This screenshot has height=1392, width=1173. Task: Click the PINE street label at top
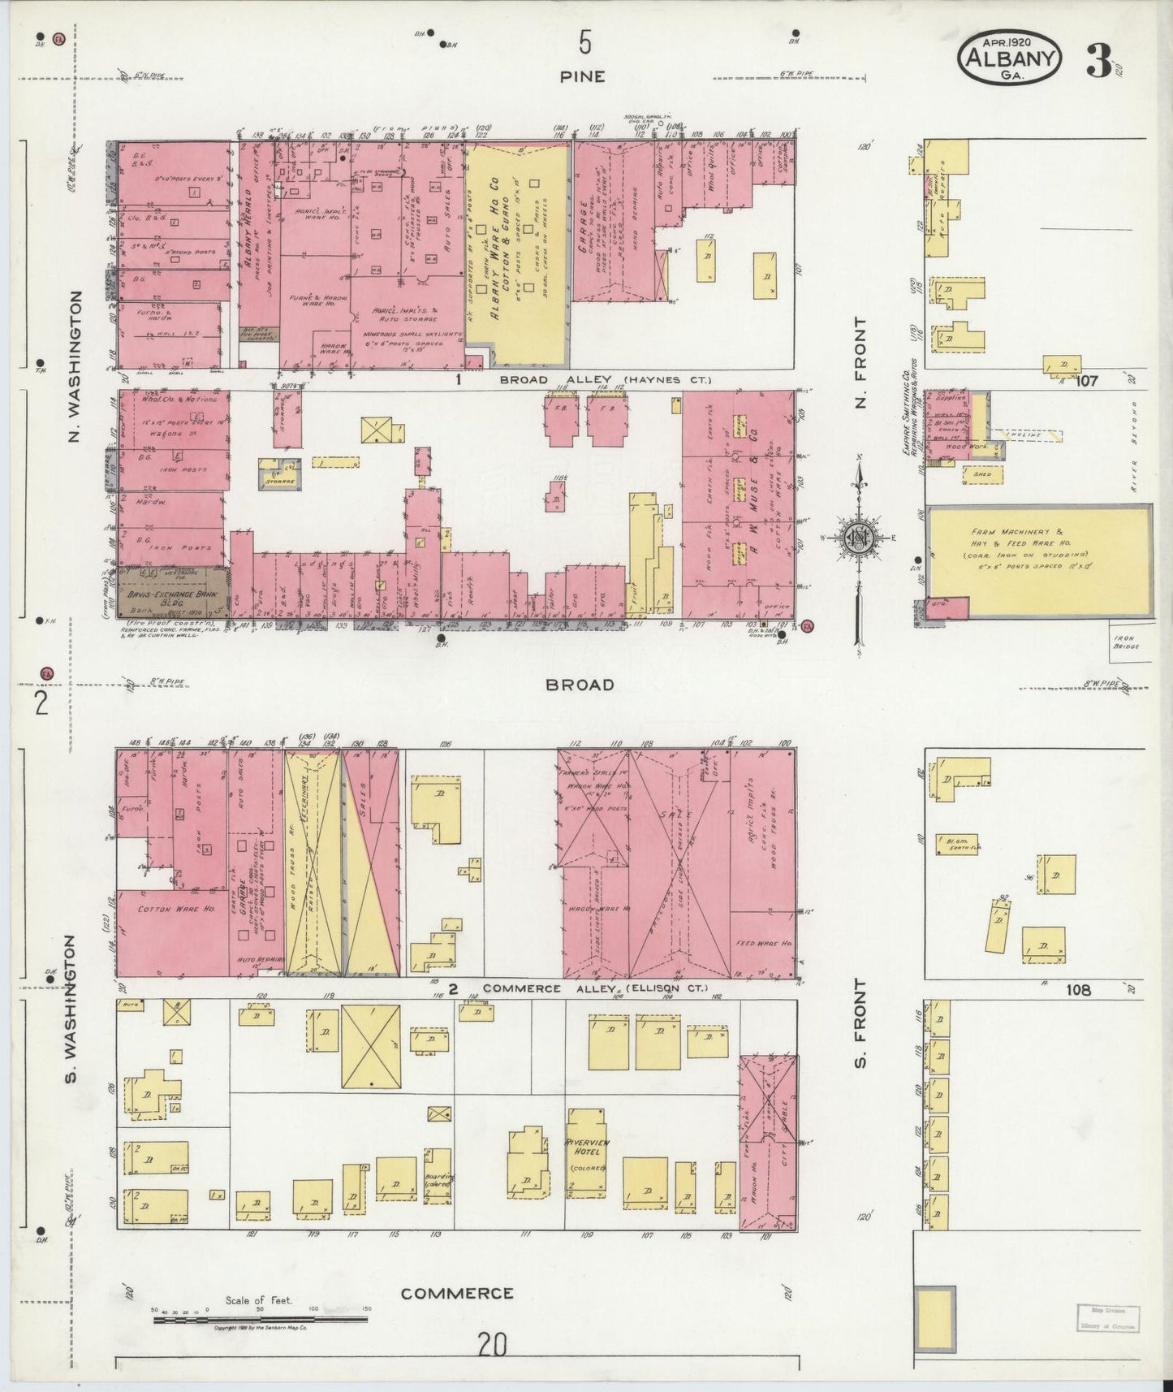(x=582, y=76)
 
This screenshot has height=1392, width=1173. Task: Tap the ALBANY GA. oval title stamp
(x=1010, y=58)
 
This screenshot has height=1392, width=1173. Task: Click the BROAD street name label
(x=580, y=685)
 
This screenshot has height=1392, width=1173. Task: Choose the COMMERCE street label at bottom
(x=457, y=1293)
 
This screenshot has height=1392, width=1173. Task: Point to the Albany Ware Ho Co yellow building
(x=516, y=252)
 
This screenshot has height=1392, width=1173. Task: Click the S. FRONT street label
(x=860, y=1023)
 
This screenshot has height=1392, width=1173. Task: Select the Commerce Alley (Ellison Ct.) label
(x=594, y=989)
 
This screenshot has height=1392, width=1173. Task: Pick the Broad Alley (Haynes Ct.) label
(x=604, y=380)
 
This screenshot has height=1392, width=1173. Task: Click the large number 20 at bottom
(x=492, y=1345)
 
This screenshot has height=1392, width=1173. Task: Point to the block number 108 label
(x=1080, y=990)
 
